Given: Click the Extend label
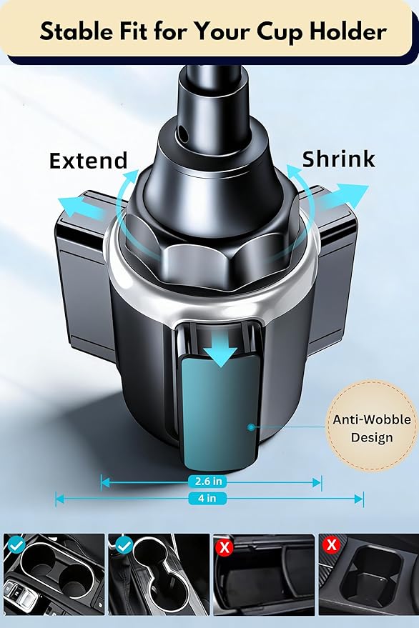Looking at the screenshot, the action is [88, 161].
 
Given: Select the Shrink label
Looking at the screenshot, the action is [338, 159].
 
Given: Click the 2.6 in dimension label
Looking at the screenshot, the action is [207, 481].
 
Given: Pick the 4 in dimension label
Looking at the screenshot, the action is [207, 498].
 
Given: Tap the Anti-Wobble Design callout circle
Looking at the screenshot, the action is [371, 425].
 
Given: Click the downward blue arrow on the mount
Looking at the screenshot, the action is [220, 349].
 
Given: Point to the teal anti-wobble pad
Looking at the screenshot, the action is [222, 414].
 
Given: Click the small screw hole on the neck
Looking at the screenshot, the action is [183, 131].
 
